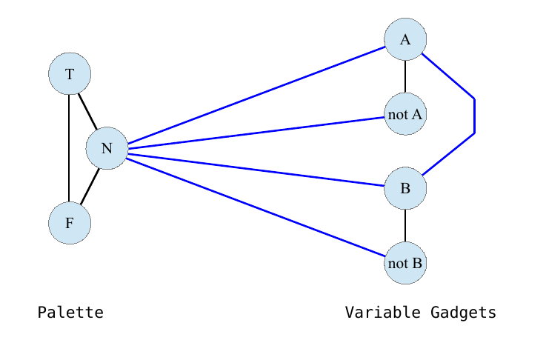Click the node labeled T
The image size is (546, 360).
point(70,74)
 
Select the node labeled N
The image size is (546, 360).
point(107,148)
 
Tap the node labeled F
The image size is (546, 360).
point(70,222)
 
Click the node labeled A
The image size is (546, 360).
point(405,40)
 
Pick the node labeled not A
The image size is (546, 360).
point(405,114)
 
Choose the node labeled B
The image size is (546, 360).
point(405,188)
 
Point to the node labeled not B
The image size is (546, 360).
point(405,263)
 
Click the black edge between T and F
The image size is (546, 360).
point(69,148)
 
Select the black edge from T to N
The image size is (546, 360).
point(88,111)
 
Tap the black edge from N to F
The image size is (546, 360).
point(90,186)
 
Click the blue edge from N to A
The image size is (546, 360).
point(256,95)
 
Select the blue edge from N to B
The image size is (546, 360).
point(256,168)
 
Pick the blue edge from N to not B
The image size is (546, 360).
point(256,207)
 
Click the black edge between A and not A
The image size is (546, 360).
point(405,77)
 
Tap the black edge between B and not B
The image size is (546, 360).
point(405,226)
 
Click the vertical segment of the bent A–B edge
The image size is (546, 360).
point(474,116)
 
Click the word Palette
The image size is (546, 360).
point(70,313)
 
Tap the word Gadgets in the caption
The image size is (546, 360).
point(463,313)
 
